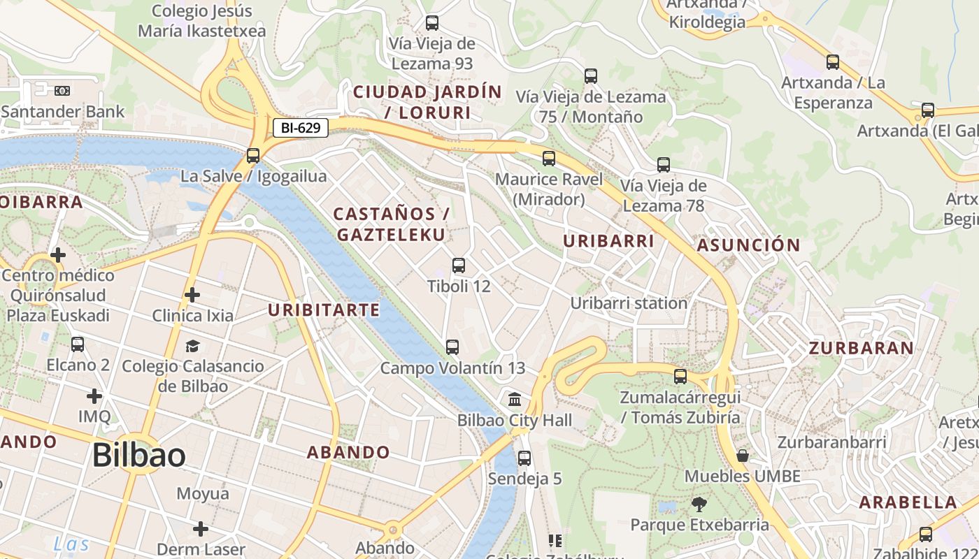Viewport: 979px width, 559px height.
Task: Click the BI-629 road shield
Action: pyautogui.click(x=301, y=128)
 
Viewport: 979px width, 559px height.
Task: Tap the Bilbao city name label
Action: pyautogui.click(x=139, y=456)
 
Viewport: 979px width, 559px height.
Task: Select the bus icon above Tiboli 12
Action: pyautogui.click(x=459, y=266)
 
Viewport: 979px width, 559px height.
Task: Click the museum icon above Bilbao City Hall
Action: pyautogui.click(x=515, y=400)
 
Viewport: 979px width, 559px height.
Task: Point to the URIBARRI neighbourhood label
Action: pyautogui.click(x=608, y=241)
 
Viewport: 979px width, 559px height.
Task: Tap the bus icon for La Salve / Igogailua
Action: pyautogui.click(x=253, y=156)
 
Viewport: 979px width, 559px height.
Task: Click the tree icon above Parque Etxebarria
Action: pyautogui.click(x=698, y=504)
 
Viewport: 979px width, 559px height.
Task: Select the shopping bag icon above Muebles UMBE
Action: pyautogui.click(x=743, y=456)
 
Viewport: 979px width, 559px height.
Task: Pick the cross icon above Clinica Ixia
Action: pyautogui.click(x=192, y=295)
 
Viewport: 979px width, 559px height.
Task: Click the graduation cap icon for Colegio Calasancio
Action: pyautogui.click(x=192, y=346)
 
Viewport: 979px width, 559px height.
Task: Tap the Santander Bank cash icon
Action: pyautogui.click(x=62, y=91)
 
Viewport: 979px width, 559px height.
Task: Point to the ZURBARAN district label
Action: pyautogui.click(x=861, y=348)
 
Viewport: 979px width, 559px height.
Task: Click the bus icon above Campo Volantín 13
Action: pyautogui.click(x=452, y=347)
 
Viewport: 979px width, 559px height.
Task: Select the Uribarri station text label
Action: pyautogui.click(x=629, y=303)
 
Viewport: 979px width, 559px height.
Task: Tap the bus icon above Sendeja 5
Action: pyautogui.click(x=524, y=458)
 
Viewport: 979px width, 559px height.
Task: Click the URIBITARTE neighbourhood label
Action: pyautogui.click(x=324, y=310)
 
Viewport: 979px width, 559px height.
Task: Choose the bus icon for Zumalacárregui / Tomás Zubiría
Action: pyautogui.click(x=680, y=377)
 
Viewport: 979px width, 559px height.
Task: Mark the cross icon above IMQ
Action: pyautogui.click(x=94, y=396)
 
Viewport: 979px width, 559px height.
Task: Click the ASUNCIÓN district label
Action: pyautogui.click(x=748, y=245)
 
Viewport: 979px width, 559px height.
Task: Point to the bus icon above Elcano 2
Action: pyautogui.click(x=78, y=344)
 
